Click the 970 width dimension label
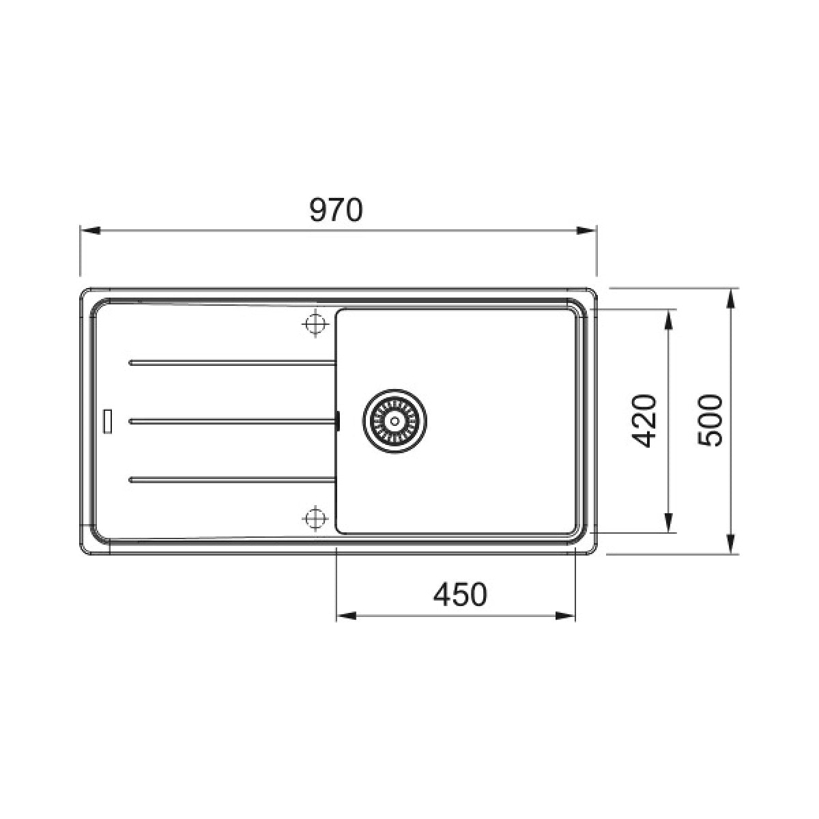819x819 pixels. coord(336,210)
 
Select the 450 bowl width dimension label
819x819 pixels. coord(460,594)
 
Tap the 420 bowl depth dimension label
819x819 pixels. coord(644,421)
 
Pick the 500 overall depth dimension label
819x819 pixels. coord(710,420)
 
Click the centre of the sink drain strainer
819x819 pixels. coord(395,421)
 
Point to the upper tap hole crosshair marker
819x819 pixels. coord(315,324)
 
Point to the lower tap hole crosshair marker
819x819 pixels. coord(315,518)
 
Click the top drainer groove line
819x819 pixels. coord(232,362)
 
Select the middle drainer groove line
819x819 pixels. coord(232,421)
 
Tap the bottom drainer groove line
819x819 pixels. coord(232,479)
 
